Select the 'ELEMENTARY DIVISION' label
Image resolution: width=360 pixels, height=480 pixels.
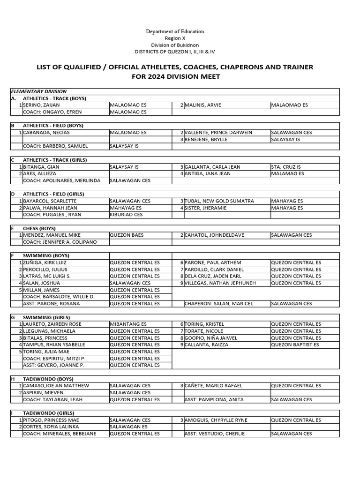click(38, 91)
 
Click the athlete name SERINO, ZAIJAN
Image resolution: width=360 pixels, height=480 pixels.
click(41, 105)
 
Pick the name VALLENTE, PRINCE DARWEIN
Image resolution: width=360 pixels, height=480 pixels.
click(218, 133)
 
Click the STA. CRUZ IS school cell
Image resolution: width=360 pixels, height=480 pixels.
click(285, 167)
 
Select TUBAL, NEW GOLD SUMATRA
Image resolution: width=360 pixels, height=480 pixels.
click(219, 201)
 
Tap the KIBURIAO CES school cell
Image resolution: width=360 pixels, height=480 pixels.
click(126, 215)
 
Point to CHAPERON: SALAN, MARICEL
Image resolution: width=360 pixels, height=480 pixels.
click(218, 304)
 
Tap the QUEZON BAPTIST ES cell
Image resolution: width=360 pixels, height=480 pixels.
click(295, 345)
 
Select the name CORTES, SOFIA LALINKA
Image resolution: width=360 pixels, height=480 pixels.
click(52, 427)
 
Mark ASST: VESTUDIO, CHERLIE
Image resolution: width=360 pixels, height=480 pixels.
click(214, 434)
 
